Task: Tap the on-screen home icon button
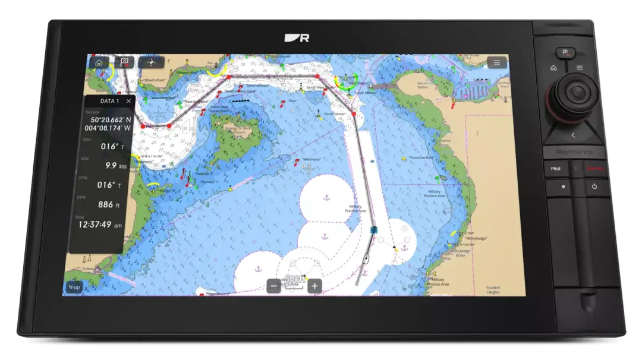click(99, 62)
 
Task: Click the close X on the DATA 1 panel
click(129, 102)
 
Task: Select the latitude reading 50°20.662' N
click(107, 119)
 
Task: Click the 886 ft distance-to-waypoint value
click(105, 204)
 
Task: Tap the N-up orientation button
click(73, 287)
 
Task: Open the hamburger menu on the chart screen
click(496, 62)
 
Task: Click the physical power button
click(594, 187)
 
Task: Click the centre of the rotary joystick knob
click(576, 93)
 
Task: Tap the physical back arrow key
click(573, 135)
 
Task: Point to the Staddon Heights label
click(493, 289)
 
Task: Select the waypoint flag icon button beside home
click(125, 62)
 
